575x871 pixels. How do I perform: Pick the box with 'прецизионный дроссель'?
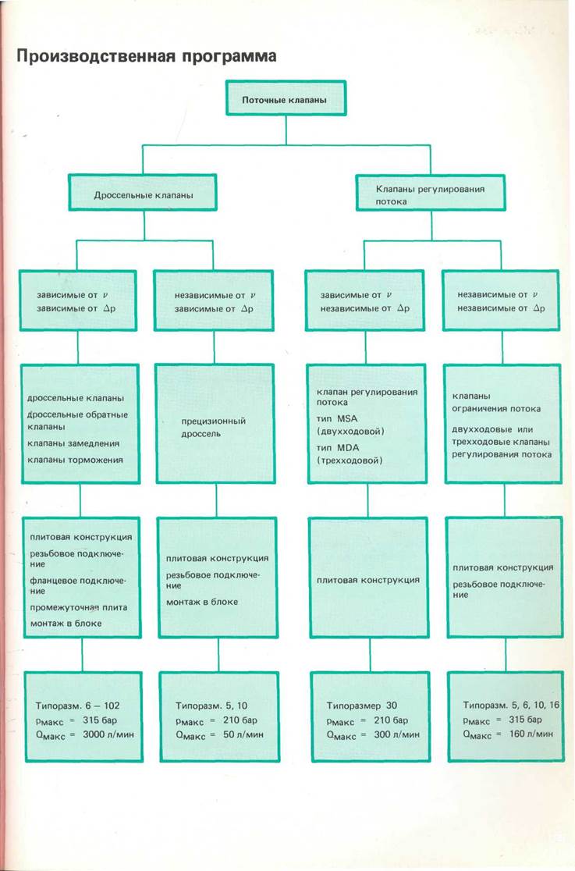coord(214,427)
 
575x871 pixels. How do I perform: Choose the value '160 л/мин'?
coord(511,734)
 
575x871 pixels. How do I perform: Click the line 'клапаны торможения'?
coord(74,459)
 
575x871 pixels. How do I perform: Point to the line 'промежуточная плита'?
coord(77,607)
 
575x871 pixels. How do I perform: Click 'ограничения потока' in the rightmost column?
coord(496,408)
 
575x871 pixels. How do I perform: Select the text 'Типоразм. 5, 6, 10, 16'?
coord(511,704)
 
